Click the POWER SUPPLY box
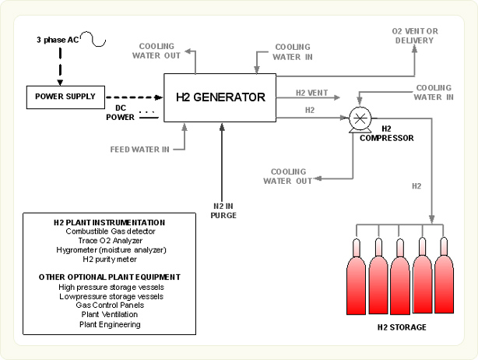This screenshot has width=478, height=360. [x=66, y=97]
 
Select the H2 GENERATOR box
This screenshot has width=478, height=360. [x=220, y=98]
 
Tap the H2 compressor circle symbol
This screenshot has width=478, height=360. [x=360, y=118]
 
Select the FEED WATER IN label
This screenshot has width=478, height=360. [x=140, y=147]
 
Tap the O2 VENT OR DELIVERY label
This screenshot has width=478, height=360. [x=414, y=35]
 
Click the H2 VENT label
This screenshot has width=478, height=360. [x=312, y=93]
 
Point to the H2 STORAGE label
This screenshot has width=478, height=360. [x=401, y=327]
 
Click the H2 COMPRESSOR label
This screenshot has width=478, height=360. [x=386, y=133]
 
